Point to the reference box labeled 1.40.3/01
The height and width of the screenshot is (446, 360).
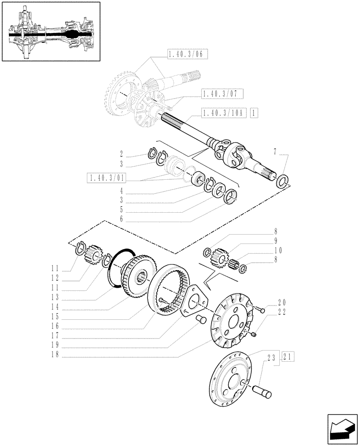tap(107, 178)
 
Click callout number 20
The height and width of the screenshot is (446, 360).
tap(282, 301)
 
